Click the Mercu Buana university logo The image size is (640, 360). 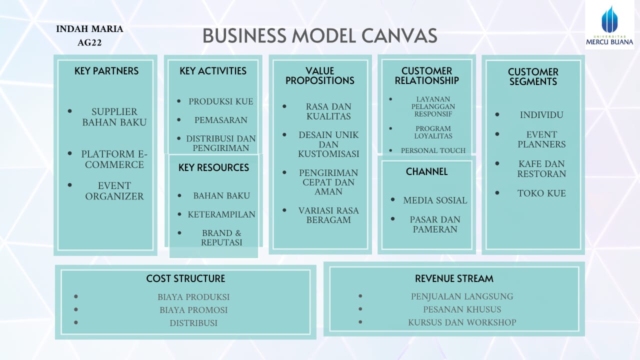pos(609,25)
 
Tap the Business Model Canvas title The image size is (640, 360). pos(320,36)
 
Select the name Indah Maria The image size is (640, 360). pos(89,29)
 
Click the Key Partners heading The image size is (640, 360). pos(106,71)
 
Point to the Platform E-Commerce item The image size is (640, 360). pos(114,159)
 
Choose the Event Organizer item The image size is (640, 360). pos(114,191)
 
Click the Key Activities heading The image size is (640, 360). pos(213,71)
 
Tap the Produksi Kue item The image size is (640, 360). pos(221,101)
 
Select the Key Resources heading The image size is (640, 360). pos(213,167)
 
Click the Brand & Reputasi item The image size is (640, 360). pos(221,237)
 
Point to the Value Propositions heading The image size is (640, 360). pos(320,76)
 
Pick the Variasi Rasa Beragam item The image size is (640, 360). pos(328,215)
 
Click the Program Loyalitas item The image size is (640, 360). pos(433,132)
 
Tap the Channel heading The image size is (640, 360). pos(426,171)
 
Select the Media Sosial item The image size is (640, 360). pos(435,200)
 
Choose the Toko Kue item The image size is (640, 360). pos(541,193)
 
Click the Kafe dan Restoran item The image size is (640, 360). pos(541,168)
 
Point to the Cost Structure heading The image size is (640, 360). pos(185,278)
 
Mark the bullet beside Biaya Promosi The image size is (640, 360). pos(76,310)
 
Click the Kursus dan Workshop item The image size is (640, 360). pos(462,322)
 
